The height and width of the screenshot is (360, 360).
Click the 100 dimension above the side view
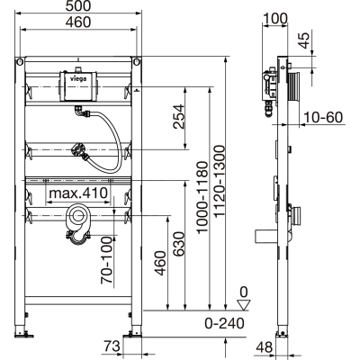click(274, 18)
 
